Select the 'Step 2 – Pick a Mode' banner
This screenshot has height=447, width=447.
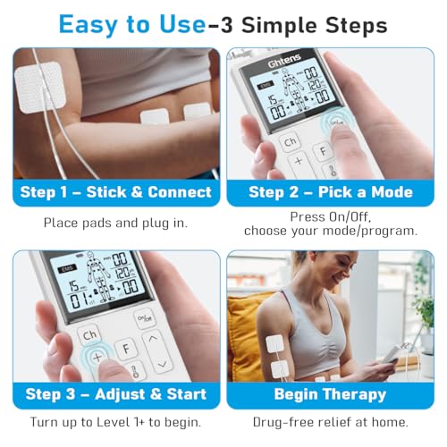coord(331,192)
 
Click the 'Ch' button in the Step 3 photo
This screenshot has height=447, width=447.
coord(89,333)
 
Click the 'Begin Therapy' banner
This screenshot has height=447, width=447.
coord(331,393)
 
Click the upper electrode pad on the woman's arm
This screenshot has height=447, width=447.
coord(275,342)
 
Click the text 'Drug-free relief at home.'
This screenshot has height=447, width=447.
coord(331,422)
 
